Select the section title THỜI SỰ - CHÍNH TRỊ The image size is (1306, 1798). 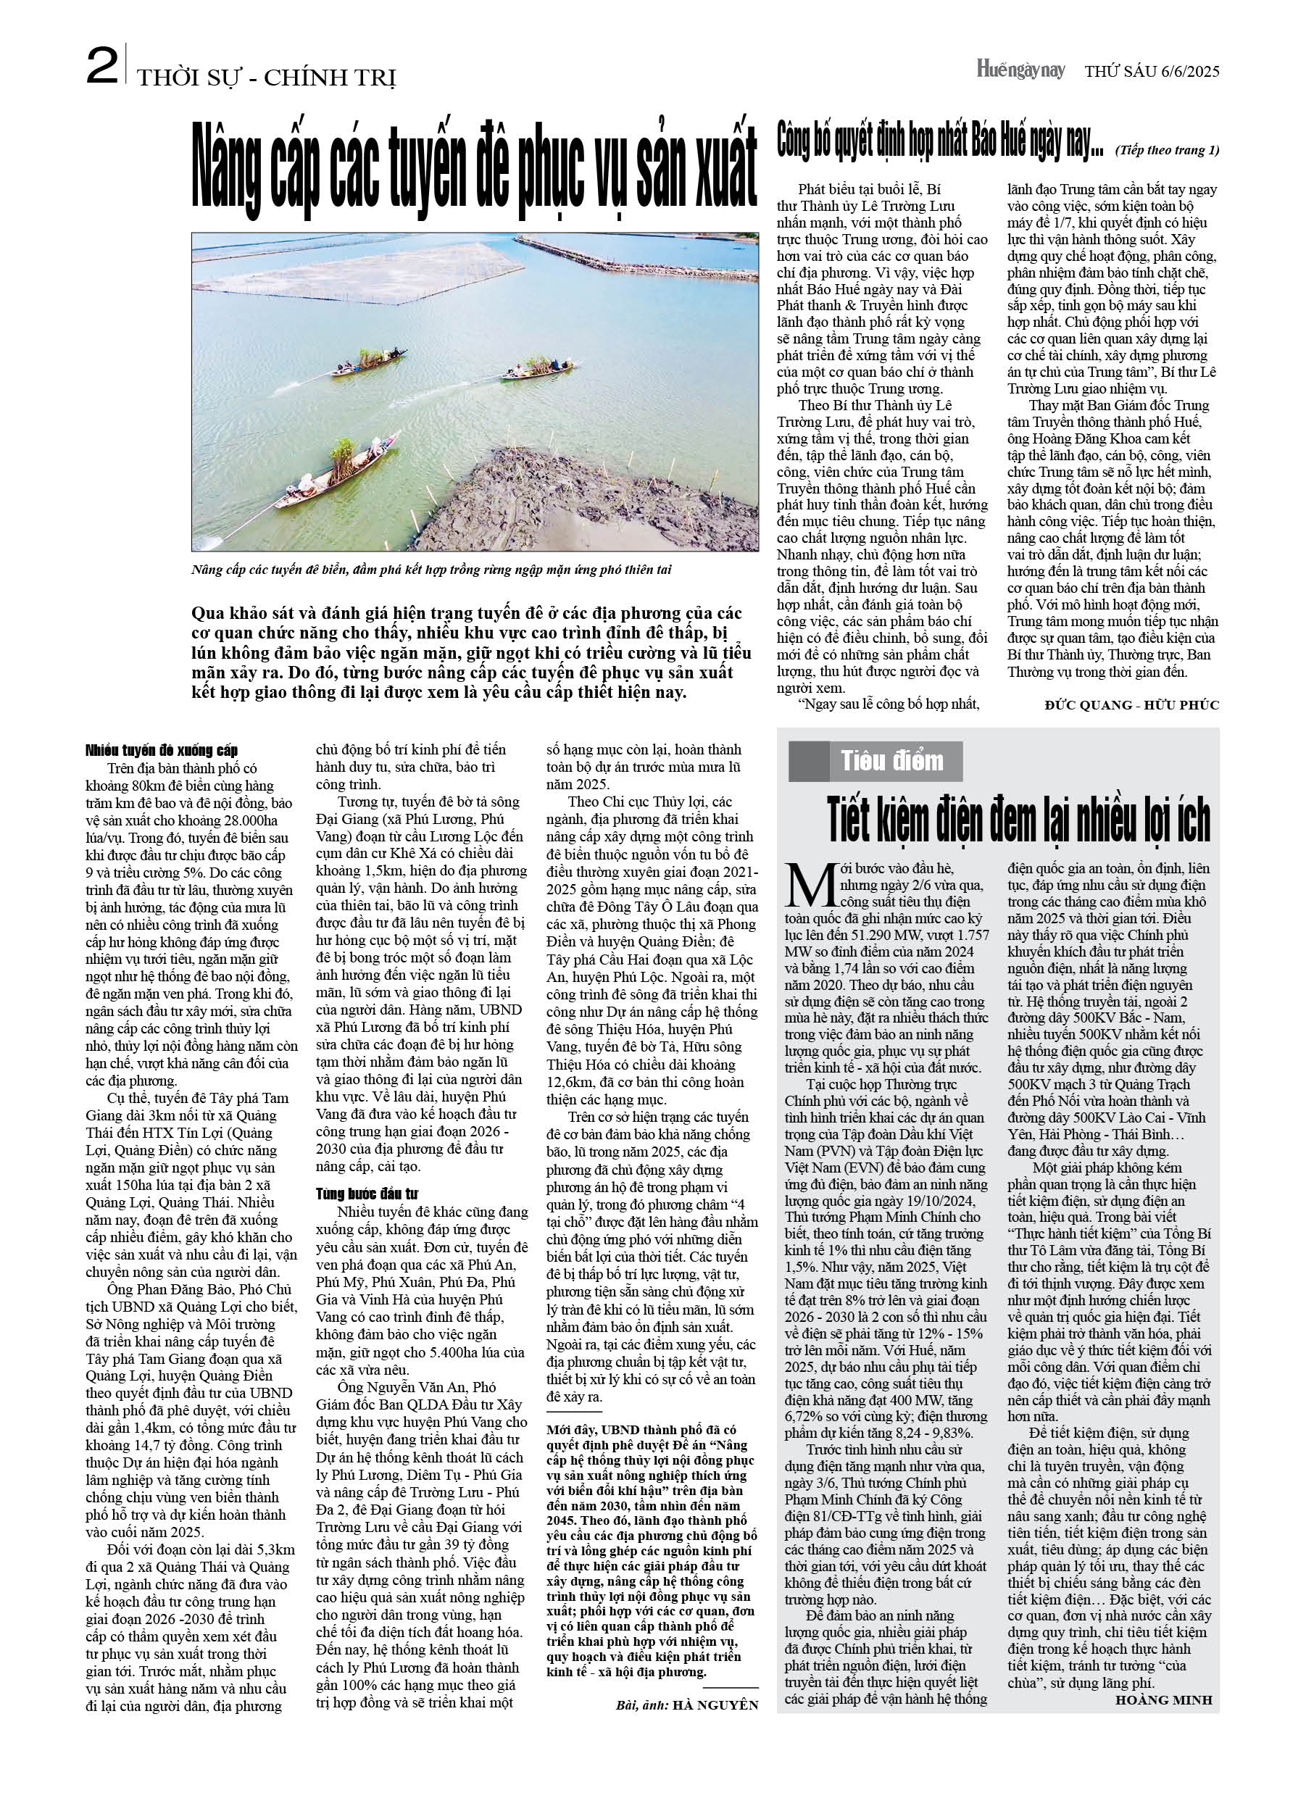click(267, 78)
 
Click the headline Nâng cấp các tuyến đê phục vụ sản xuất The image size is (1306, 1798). click(474, 170)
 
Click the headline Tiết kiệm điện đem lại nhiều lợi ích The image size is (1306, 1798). click(1019, 820)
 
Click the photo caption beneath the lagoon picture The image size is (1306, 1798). click(436, 571)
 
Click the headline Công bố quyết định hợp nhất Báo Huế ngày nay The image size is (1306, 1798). click(941, 141)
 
